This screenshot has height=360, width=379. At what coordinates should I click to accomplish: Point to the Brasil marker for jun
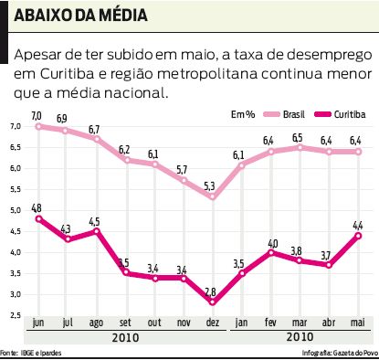(37, 126)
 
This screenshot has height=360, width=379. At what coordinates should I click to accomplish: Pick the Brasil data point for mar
(297, 147)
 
